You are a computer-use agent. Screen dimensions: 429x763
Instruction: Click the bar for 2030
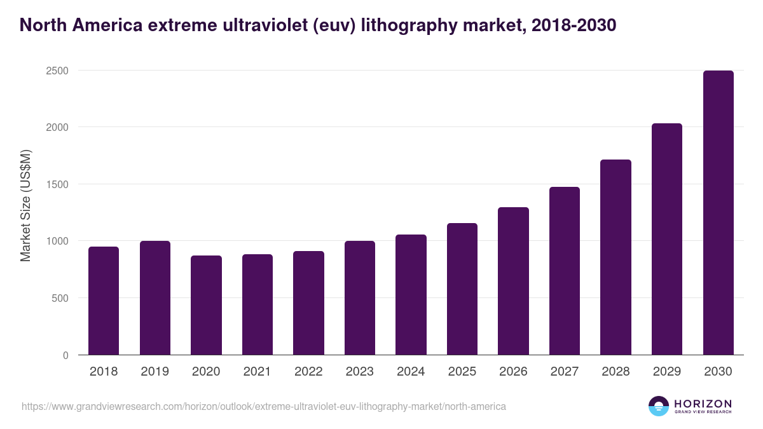pos(718,213)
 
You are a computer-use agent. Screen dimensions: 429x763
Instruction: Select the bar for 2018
pos(104,301)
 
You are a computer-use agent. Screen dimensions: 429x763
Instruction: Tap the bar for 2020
pos(206,305)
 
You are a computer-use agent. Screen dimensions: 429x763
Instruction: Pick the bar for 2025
pos(462,289)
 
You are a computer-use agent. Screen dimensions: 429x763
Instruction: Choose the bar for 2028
pos(615,257)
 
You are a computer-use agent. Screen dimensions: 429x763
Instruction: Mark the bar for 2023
pos(359,298)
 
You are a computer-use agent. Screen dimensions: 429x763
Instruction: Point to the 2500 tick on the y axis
pos(57,71)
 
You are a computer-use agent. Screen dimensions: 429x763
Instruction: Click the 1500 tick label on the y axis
pos(57,184)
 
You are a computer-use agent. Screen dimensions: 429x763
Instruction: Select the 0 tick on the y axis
pos(65,355)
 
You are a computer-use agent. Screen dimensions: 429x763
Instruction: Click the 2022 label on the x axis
pos(308,372)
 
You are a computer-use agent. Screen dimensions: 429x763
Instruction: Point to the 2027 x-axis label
pos(564,372)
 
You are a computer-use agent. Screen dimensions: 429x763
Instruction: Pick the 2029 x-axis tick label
pos(666,372)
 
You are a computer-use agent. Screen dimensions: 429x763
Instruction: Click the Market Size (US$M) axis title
pos(25,205)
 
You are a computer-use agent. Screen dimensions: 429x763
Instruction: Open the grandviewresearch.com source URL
pos(264,406)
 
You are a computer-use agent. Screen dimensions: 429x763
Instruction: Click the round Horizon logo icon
pos(658,406)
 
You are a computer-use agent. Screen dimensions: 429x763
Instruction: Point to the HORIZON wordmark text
pos(703,403)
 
